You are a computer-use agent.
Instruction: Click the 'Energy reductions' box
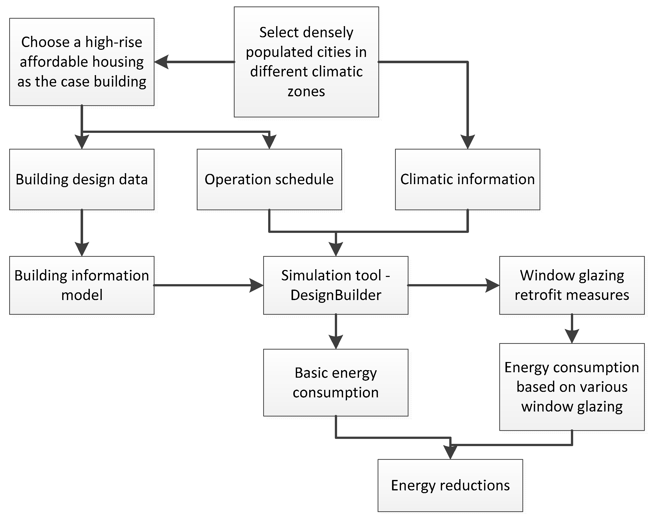(450, 485)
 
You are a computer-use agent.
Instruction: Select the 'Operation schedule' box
(269, 179)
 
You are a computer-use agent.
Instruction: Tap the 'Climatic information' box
(467, 179)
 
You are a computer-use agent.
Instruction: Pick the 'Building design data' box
(82, 179)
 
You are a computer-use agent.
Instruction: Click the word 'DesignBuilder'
(336, 295)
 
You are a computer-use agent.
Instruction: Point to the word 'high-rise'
(114, 42)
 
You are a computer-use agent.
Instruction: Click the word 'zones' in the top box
(306, 92)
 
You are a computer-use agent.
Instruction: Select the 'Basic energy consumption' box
(336, 382)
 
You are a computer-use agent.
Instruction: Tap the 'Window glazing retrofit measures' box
(572, 285)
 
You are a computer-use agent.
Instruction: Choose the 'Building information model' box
(82, 285)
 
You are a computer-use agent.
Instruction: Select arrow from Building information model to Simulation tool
(206, 285)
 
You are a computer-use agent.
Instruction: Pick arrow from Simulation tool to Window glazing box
(453, 285)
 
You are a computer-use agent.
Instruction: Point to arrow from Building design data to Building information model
(82, 232)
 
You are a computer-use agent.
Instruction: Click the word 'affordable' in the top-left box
(54, 62)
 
